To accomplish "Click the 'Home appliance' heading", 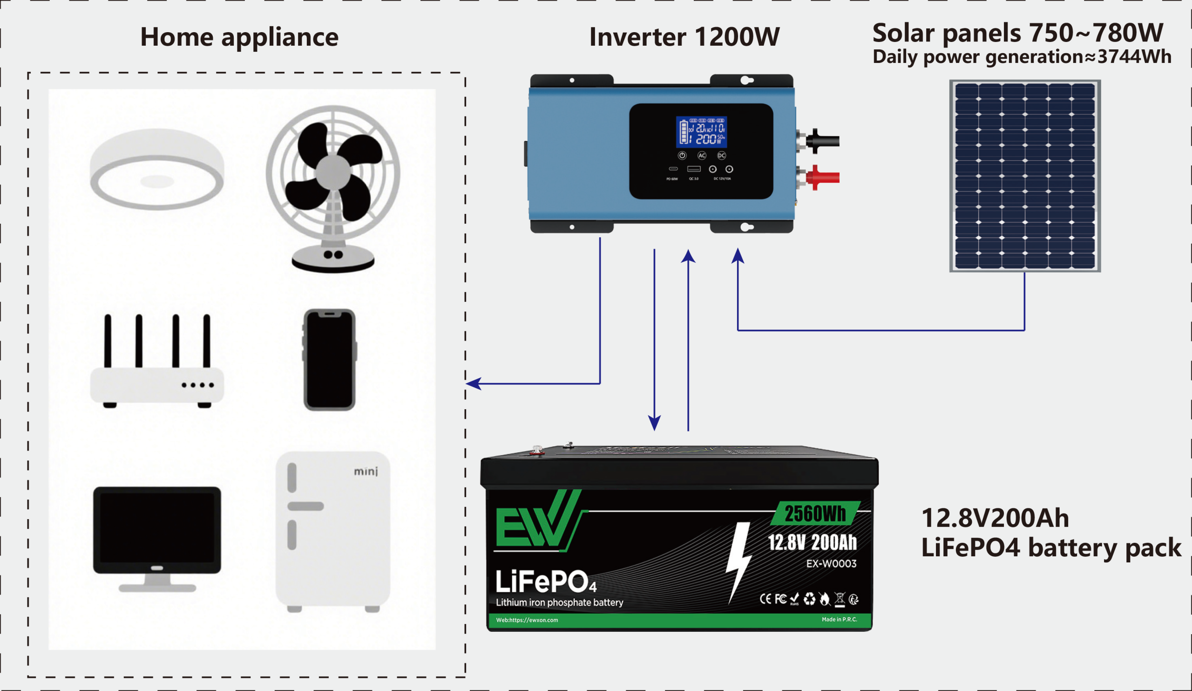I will pos(239,37).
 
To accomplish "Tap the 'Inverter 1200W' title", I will pos(684,37).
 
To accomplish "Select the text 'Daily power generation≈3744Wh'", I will pos(1022,57).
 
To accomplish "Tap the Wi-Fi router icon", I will pos(157,362).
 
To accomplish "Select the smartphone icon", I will pos(330,360).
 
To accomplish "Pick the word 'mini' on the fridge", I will pos(366,472).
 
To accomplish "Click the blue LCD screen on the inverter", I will pos(701,132).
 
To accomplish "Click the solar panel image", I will pos(1024,176).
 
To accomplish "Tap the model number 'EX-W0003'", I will pos(831,564).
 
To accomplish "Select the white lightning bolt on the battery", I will pos(738,561).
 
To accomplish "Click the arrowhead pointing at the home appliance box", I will pos(474,383).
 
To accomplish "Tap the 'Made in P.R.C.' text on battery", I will pos(839,619).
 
